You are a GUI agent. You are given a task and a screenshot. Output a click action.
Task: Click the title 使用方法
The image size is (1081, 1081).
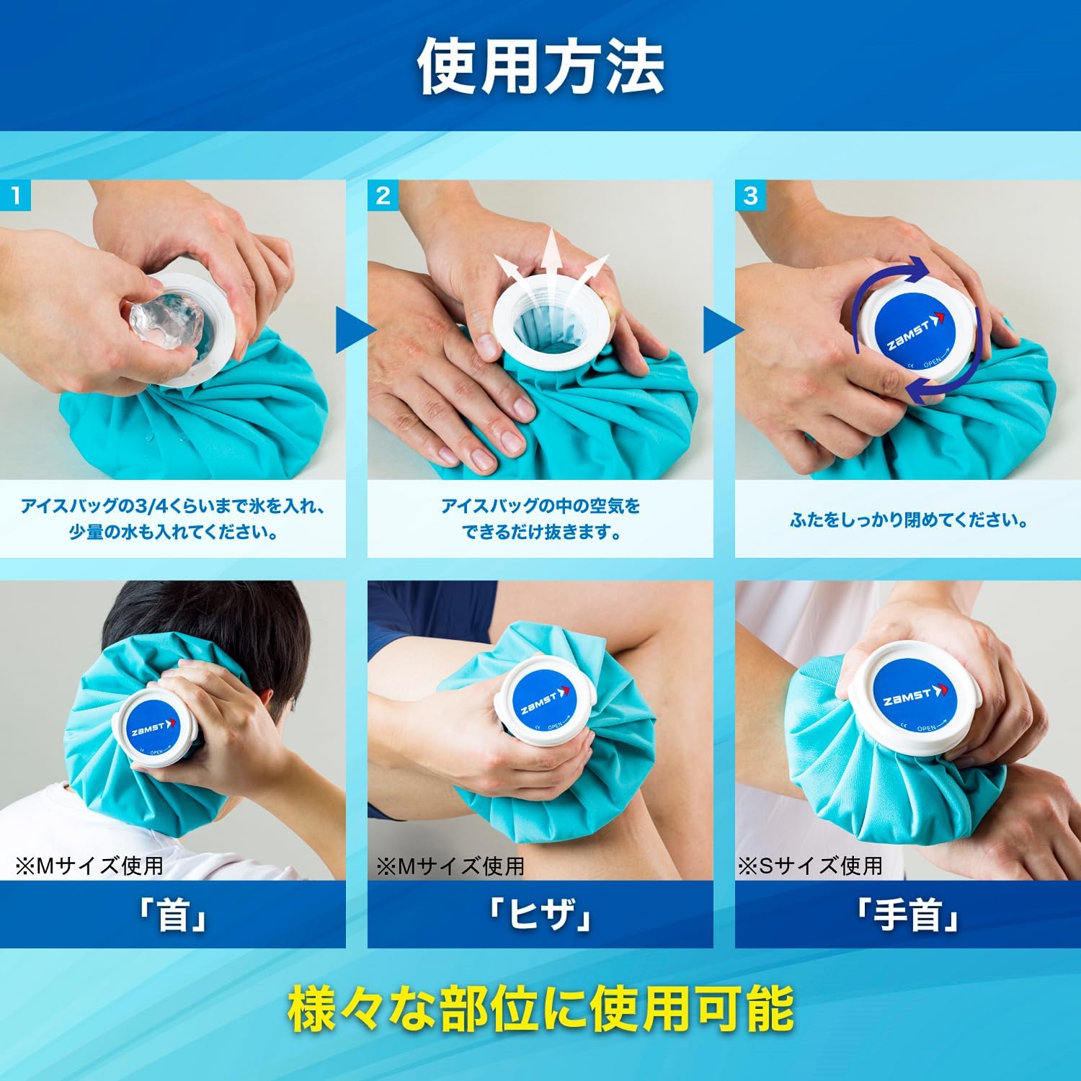540,66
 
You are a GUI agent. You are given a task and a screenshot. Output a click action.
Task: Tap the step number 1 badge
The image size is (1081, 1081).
16,196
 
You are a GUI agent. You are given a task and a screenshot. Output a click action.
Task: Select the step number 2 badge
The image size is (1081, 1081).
383,196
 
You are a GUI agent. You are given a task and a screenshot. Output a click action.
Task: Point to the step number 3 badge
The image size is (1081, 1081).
751,196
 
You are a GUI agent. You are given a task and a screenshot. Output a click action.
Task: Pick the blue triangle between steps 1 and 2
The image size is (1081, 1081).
353,332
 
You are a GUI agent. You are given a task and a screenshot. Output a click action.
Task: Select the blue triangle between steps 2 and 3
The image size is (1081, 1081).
721,332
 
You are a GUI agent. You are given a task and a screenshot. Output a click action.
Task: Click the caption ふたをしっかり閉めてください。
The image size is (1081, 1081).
908,520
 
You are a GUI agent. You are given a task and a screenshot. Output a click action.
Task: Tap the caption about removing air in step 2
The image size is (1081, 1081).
540,519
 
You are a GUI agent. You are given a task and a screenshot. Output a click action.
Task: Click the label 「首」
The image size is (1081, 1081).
173,915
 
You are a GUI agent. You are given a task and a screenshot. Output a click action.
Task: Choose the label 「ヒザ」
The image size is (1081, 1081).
540,915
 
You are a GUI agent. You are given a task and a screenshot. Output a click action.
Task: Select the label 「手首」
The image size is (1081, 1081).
908,915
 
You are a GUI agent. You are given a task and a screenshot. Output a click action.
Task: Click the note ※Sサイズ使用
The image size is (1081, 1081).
810,865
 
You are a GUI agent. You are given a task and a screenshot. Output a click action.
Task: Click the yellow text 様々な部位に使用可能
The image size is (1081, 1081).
540,1009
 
